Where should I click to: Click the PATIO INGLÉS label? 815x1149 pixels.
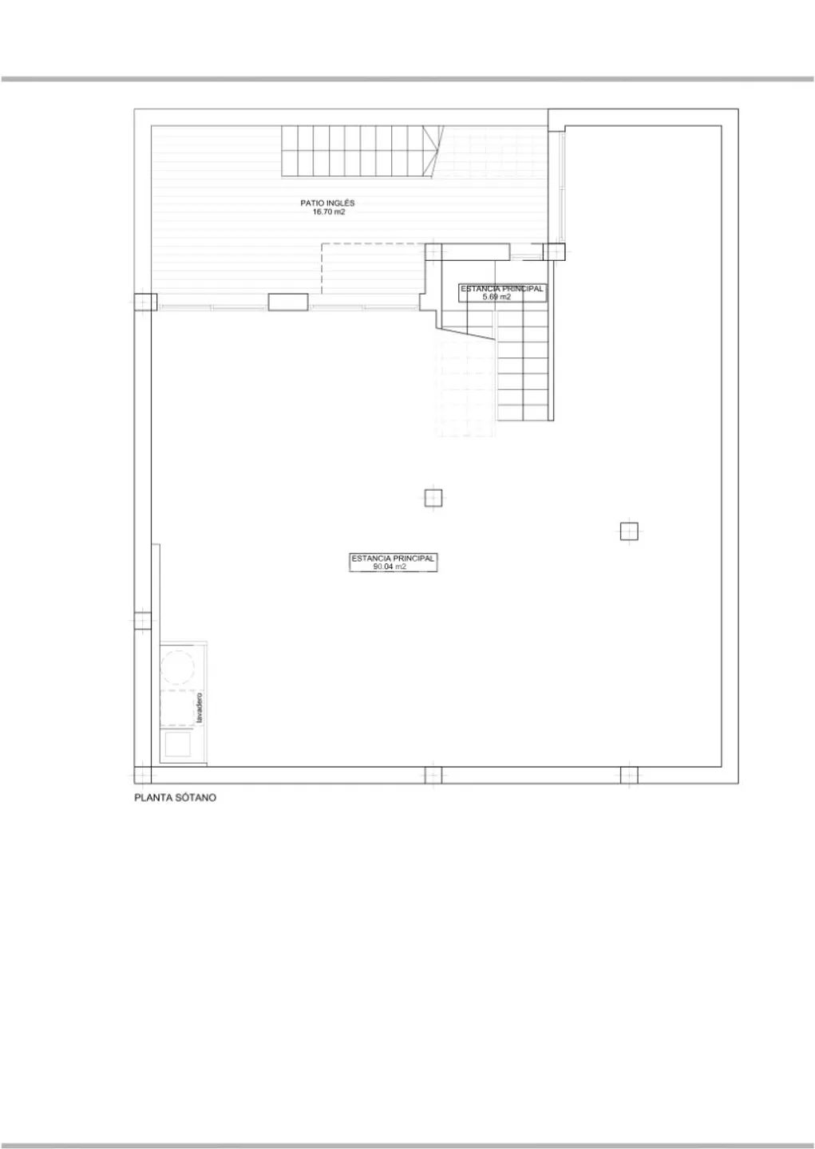coord(327,203)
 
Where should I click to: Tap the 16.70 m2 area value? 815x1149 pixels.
coord(328,212)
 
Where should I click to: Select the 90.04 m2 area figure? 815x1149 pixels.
coord(393,567)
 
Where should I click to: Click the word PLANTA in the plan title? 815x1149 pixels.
coord(150,798)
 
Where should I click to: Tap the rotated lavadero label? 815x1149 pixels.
coord(200,708)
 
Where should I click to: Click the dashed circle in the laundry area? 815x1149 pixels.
coord(177,667)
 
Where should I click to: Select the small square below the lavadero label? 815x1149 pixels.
coord(177,744)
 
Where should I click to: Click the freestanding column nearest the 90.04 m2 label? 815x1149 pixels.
coord(433,498)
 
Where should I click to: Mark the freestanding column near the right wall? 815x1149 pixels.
coord(629,531)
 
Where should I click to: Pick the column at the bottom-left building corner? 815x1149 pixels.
coord(142,775)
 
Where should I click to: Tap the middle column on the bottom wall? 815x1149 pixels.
coord(433,775)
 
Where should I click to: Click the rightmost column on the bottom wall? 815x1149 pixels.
coord(629,775)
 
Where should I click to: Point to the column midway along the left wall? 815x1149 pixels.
coord(142,620)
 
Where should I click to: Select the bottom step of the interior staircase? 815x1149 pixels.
coord(524,413)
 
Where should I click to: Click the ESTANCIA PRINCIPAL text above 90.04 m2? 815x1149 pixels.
coord(393,558)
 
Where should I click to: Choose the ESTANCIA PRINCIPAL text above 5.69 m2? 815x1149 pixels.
coord(501,289)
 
